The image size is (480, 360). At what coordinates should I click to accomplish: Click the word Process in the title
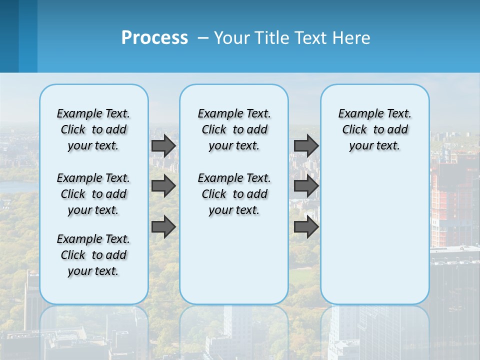point(154,37)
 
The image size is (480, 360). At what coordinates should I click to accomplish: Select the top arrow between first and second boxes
point(163,145)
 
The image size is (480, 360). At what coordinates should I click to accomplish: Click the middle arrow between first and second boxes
point(163,186)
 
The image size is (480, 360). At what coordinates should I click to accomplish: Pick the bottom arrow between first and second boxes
point(163,226)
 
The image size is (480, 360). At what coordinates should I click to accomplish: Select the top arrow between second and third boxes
point(306,145)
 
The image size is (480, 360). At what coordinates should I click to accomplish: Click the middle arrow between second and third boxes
point(306,186)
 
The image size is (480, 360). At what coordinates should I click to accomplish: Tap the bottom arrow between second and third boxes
point(306,226)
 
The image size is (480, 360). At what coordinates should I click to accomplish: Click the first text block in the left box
point(93,129)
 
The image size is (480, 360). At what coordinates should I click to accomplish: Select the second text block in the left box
point(93,194)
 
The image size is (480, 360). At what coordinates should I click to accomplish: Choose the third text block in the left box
point(93,255)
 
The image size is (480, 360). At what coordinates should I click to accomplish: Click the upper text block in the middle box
point(234,129)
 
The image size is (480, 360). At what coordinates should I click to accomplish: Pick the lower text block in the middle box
point(234,194)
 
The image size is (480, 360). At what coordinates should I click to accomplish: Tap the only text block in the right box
point(374,129)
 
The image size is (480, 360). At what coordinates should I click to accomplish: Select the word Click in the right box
point(354,130)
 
